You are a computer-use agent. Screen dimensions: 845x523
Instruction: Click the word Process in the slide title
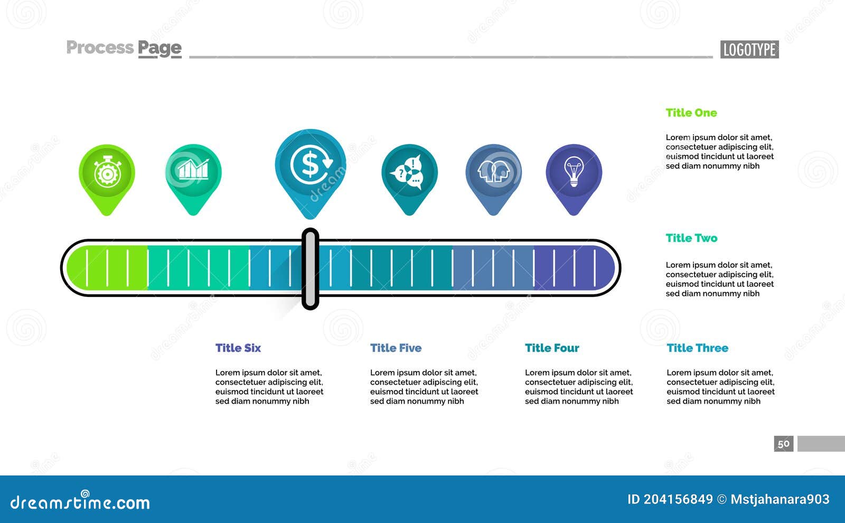(100, 48)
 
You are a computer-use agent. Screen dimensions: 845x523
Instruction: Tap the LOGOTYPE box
(749, 50)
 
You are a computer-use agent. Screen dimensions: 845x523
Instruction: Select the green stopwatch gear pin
(107, 180)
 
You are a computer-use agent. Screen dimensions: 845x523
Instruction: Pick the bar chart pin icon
(193, 180)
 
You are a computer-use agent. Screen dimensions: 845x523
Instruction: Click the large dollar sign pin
(311, 174)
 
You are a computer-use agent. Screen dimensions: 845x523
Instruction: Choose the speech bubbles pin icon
(409, 180)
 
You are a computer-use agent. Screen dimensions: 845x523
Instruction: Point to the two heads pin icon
(493, 180)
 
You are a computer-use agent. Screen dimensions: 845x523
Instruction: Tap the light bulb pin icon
(574, 180)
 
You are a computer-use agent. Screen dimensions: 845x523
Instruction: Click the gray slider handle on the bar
(311, 269)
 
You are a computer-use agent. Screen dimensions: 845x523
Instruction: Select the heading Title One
(691, 113)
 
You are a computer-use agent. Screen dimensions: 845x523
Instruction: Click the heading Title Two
(691, 238)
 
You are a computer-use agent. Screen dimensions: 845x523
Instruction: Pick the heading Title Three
(697, 348)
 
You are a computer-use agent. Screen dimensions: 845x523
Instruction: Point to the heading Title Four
(552, 348)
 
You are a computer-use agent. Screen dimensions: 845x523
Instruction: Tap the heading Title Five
(396, 348)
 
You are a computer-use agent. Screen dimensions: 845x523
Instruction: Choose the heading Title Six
(238, 348)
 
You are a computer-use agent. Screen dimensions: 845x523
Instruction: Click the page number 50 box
(784, 444)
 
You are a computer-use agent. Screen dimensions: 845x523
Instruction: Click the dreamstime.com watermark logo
(80, 501)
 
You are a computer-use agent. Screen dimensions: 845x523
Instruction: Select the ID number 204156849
(678, 499)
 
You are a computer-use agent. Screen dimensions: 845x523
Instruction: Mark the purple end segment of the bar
(574, 268)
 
